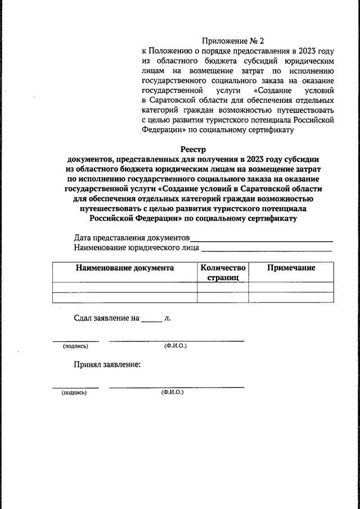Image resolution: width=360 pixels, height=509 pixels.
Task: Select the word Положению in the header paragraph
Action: coord(176,51)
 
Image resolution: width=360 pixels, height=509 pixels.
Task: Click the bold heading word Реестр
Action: coord(193,149)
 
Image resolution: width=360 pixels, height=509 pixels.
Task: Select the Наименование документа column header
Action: coord(125,268)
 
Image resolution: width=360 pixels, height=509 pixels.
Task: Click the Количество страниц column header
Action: coord(223,273)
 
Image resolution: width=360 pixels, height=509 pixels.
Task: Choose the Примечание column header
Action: coord(291,268)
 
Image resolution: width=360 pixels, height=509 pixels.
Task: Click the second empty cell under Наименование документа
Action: coord(125,298)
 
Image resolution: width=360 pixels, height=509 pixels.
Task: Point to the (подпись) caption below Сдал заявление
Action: coord(75,346)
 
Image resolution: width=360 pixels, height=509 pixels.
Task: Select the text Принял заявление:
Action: coord(107,364)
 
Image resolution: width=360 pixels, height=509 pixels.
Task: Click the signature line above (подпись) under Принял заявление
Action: coord(75,387)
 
